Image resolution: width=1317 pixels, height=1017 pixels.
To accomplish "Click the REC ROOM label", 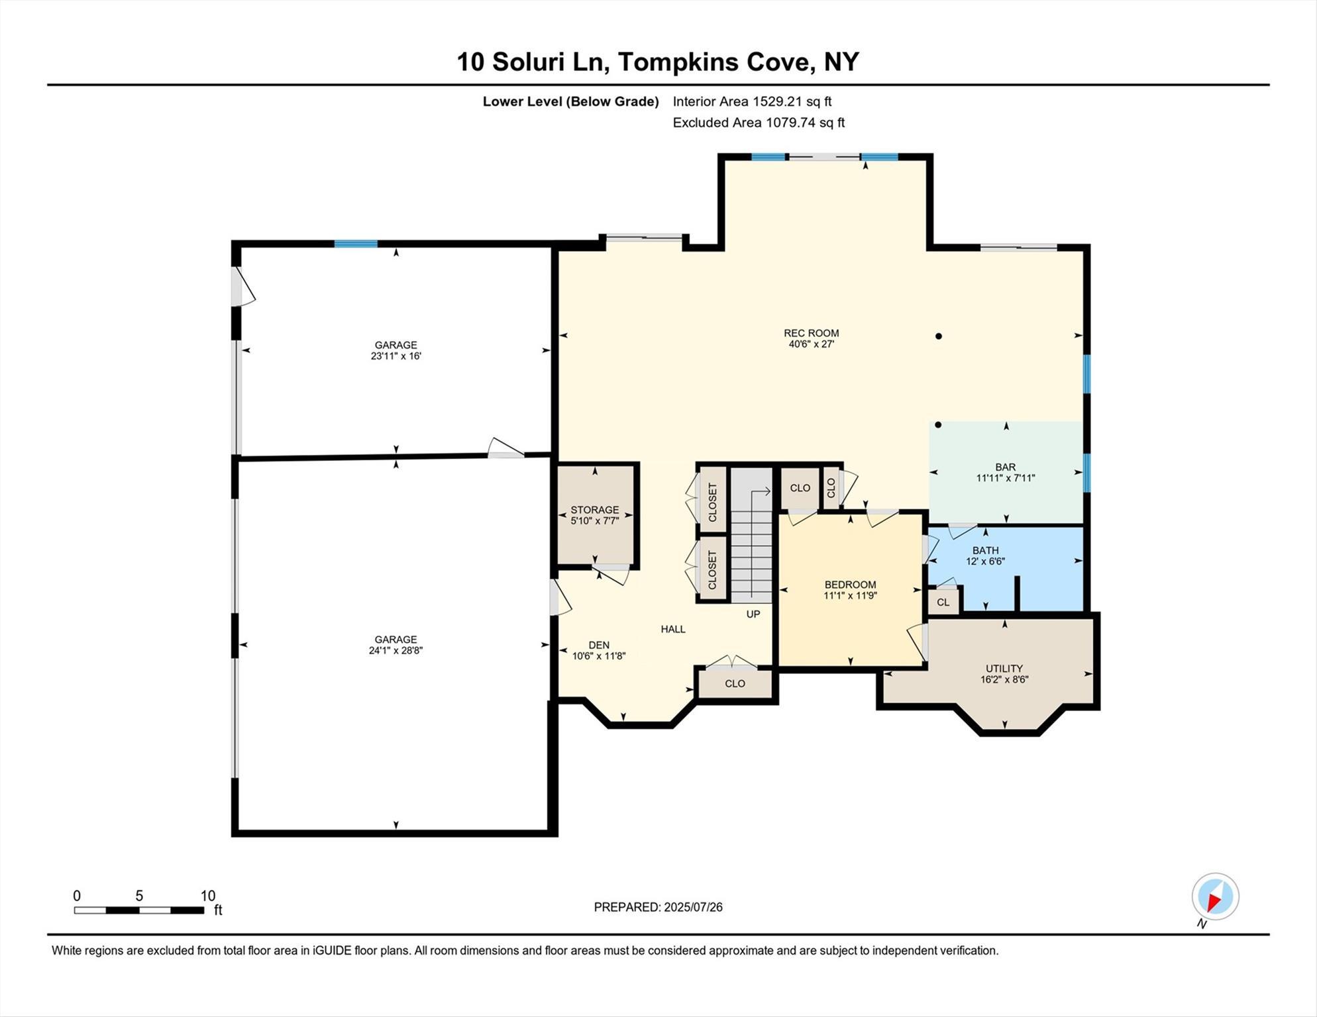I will click(x=811, y=333).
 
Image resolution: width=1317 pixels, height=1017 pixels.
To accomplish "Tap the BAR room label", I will click(x=1005, y=467).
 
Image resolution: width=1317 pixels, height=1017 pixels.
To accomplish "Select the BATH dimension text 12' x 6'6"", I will click(x=985, y=561).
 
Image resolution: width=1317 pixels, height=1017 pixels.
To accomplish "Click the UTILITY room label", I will click(x=1004, y=668).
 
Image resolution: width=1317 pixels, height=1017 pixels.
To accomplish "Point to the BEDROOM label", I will click(x=850, y=585).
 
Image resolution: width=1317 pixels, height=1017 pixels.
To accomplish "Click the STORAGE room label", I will click(x=594, y=510).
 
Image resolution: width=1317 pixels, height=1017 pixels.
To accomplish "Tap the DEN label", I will click(x=599, y=645).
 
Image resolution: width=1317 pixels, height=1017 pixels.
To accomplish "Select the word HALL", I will click(x=672, y=629).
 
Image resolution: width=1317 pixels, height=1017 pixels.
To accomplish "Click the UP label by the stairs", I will click(x=753, y=614).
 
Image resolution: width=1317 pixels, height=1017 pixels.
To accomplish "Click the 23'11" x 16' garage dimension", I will click(x=395, y=356).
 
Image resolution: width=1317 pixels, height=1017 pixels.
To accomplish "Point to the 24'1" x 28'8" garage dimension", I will click(x=395, y=650).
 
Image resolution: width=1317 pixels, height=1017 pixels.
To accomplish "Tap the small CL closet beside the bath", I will click(x=943, y=602).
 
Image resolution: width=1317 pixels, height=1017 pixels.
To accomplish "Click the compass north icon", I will click(x=1215, y=897).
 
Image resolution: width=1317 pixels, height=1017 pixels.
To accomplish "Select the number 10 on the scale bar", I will click(x=207, y=896).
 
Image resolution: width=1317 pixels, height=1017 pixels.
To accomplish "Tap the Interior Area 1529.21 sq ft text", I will click(x=752, y=101).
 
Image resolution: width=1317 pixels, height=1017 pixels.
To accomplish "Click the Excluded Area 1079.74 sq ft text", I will click(x=759, y=122).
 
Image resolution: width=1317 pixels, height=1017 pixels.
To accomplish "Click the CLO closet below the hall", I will click(x=735, y=683).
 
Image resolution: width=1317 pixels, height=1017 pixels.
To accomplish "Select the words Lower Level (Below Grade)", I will click(x=570, y=101).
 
